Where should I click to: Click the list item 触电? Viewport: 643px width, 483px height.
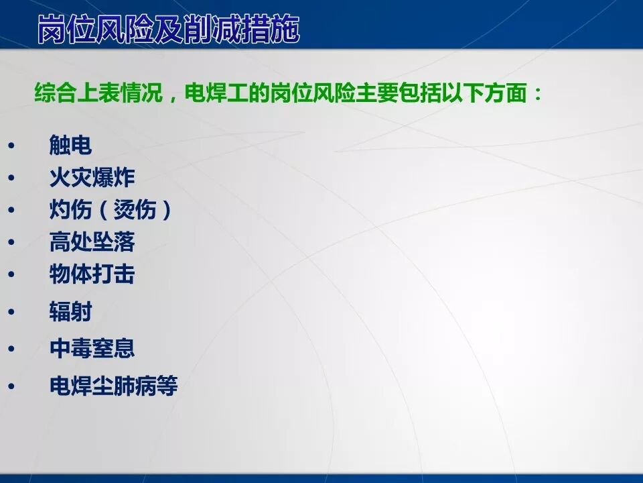point(70,145)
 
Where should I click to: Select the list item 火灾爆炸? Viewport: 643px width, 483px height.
point(92,178)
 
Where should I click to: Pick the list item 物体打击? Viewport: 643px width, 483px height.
point(92,274)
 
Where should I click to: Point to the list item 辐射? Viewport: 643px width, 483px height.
point(70,311)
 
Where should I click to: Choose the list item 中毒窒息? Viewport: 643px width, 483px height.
point(92,348)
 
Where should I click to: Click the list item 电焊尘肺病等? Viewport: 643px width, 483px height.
point(113,386)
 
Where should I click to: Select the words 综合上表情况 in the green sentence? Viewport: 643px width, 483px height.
point(98,93)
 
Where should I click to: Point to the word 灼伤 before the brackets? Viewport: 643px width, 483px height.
point(70,211)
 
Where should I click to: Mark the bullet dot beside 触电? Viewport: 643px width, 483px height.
point(11,146)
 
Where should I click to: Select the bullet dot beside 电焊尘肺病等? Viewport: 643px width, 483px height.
point(11,386)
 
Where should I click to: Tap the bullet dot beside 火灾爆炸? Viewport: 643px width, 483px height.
point(11,178)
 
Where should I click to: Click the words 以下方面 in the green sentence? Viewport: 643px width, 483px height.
point(484,93)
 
